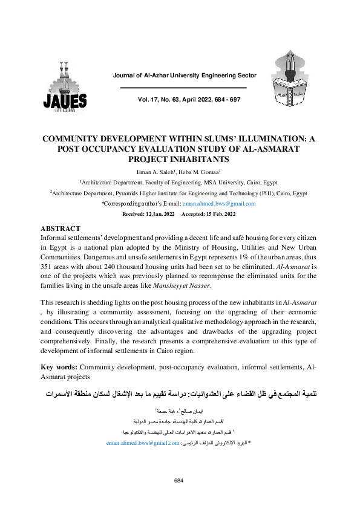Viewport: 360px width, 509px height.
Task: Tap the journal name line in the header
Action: pos(185,76)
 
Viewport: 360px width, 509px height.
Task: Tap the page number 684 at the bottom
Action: pos(179,480)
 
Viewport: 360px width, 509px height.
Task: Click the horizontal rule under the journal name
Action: pos(184,88)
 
